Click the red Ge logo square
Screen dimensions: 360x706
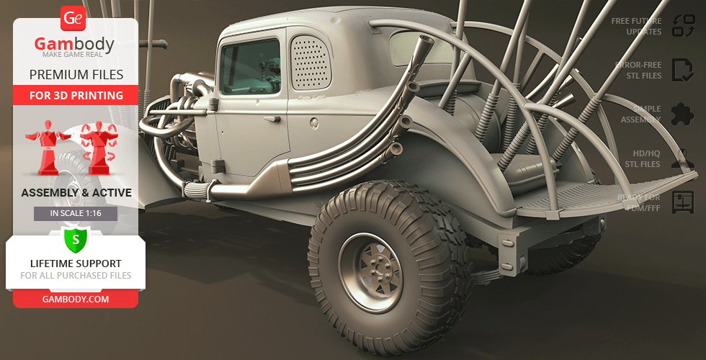[73, 18]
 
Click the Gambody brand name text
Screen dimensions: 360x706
[75, 45]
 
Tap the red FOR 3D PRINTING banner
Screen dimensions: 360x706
[76, 95]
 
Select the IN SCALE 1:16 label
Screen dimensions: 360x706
[76, 214]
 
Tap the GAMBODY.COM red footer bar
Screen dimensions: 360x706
[76, 299]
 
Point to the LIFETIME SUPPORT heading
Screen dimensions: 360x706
[76, 264]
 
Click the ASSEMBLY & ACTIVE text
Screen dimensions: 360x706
[76, 193]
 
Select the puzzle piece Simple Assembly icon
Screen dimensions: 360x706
[682, 114]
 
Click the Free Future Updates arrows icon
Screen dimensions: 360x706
[682, 26]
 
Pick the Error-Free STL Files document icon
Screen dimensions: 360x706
[682, 70]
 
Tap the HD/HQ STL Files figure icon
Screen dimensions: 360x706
[682, 158]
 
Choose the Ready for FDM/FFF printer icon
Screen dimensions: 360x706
[682, 202]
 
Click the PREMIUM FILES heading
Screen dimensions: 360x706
[76, 75]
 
